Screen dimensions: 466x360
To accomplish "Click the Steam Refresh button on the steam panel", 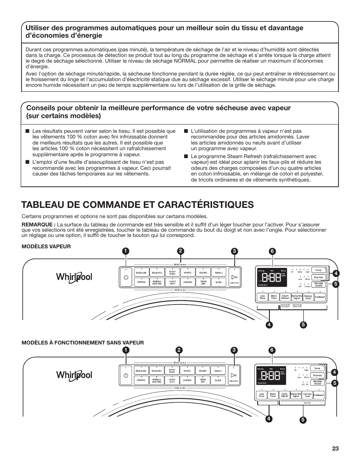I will point(285,297).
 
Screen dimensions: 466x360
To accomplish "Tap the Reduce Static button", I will point(308,297).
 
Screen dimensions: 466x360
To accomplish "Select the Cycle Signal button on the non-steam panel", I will point(285,395).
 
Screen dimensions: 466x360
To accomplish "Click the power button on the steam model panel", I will point(126,277).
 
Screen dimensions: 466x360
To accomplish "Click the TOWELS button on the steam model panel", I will point(218,272).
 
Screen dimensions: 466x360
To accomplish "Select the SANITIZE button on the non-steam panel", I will point(187,380).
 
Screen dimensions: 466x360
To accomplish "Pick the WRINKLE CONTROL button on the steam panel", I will point(157,282).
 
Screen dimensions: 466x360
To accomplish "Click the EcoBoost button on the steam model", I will point(320,297).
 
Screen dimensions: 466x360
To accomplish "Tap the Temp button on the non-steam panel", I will point(317,368).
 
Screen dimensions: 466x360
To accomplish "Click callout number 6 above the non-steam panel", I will point(271,350).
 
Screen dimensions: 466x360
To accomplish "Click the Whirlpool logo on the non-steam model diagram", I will point(74,375).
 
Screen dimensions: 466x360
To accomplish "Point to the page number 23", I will point(335,449).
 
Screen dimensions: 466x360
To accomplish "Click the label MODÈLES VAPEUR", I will point(46,246).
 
